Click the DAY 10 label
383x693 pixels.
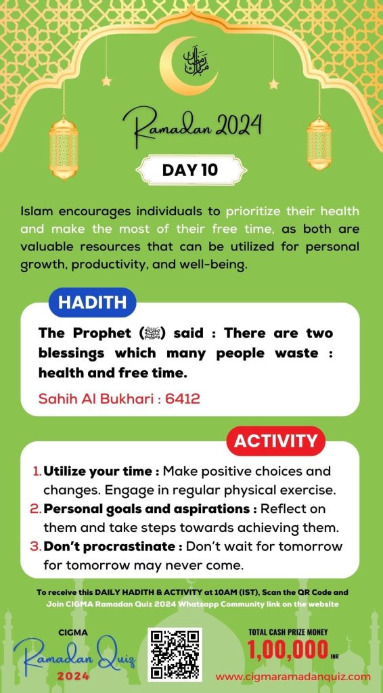click(190, 170)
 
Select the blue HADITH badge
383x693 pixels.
click(92, 303)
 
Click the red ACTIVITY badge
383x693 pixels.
click(275, 441)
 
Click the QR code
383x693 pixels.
click(175, 654)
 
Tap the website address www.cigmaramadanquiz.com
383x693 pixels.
click(293, 676)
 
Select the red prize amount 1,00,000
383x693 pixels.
click(284, 650)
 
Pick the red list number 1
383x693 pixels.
click(37, 470)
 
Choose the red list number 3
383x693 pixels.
click(37, 546)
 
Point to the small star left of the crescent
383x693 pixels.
click(106, 81)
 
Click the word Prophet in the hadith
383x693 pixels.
click(99, 334)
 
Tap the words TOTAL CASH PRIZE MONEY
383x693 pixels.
click(289, 632)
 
